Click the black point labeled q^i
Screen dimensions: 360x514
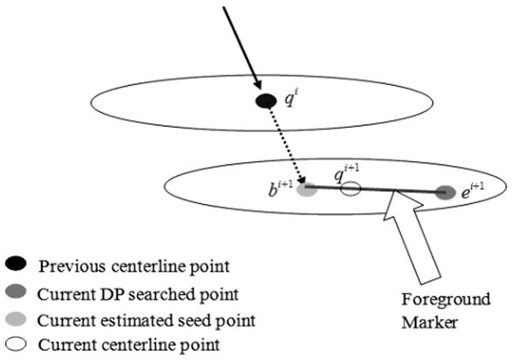[x=266, y=101]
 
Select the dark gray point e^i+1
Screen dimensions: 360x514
[x=445, y=193]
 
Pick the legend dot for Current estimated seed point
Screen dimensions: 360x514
[x=18, y=319]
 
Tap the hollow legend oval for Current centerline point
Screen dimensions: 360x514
[x=18, y=345]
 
